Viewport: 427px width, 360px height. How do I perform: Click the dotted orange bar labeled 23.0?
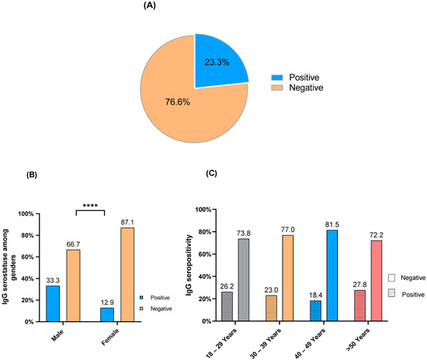(272, 308)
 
